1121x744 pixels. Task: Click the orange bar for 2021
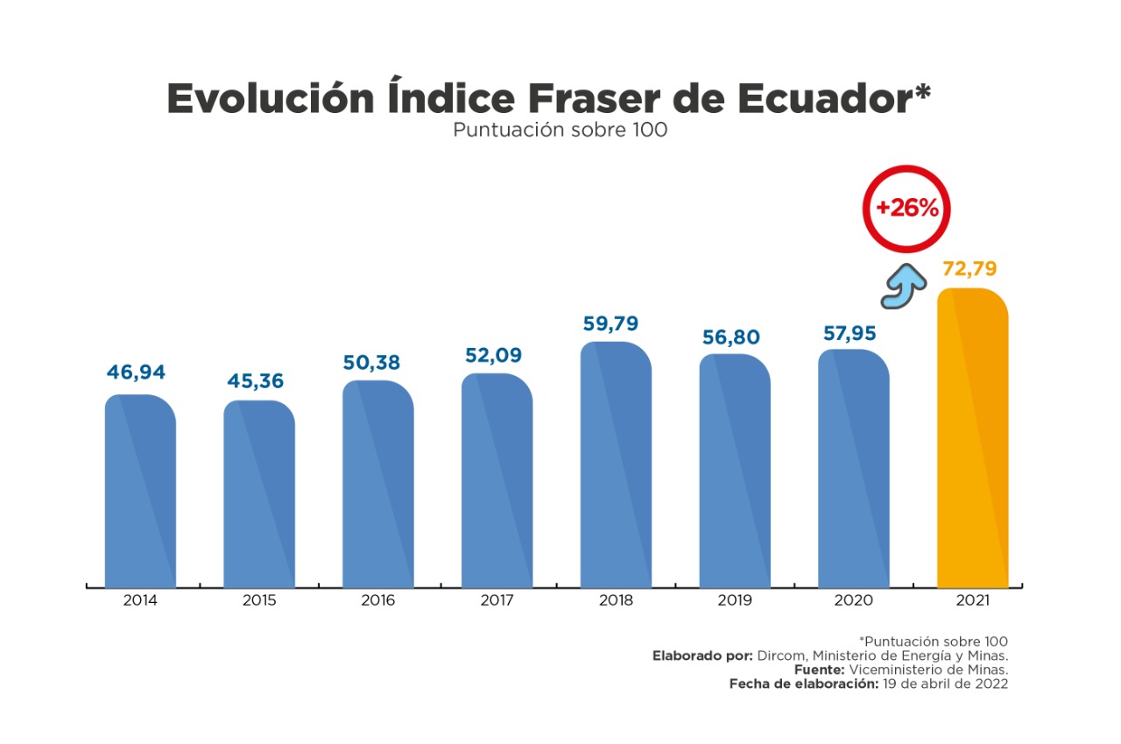(x=972, y=438)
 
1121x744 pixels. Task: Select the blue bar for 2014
(x=140, y=491)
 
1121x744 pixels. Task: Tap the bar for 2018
(x=616, y=464)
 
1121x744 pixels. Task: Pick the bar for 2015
(x=259, y=494)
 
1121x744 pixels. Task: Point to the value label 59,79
(x=611, y=323)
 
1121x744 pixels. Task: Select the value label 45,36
(x=255, y=382)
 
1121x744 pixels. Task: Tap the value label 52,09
(x=492, y=355)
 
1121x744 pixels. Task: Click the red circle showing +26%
(x=906, y=209)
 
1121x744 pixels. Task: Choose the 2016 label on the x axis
(x=377, y=601)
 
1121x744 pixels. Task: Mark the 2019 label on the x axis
(x=735, y=601)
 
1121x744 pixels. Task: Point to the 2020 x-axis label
(x=854, y=601)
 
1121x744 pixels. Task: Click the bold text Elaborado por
(x=702, y=655)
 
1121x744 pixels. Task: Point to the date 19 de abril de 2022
(x=944, y=684)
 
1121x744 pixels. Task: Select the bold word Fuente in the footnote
(x=810, y=670)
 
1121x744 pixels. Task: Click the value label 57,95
(x=850, y=334)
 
